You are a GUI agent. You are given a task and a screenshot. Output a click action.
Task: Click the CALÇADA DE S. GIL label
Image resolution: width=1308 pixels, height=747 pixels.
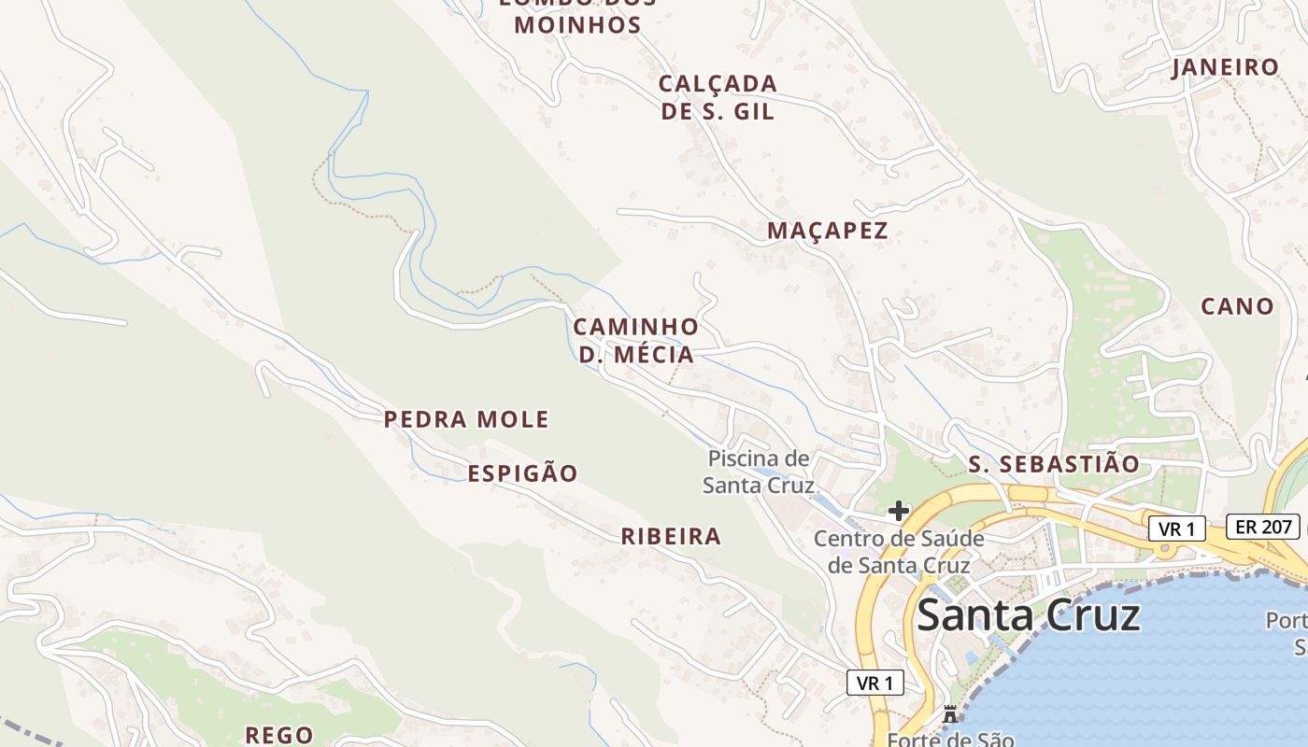[718, 97]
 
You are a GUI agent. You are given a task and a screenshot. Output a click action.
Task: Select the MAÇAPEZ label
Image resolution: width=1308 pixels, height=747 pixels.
[827, 231]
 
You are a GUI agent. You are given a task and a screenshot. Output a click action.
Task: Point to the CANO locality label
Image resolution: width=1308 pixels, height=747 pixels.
[1237, 306]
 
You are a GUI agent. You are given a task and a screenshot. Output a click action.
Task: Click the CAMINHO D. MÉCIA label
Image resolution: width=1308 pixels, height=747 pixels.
[635, 341]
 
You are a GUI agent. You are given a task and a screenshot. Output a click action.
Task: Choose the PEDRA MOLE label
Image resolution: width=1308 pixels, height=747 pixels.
[466, 419]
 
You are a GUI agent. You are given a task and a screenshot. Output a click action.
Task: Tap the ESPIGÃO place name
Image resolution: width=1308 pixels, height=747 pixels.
[522, 473]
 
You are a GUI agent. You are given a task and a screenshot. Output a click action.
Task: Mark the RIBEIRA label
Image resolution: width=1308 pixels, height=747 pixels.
[671, 536]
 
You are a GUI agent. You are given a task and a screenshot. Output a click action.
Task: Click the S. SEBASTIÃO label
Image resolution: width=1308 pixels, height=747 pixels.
[1054, 464]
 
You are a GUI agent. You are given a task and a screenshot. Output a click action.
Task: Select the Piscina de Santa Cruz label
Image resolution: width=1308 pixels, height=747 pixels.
[758, 472]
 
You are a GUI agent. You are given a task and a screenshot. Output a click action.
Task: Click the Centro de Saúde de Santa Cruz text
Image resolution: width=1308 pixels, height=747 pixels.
[899, 552]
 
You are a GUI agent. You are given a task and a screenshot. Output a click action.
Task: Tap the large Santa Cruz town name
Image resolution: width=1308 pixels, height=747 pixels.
[1029, 616]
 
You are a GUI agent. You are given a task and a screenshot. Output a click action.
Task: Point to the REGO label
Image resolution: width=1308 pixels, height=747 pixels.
[278, 735]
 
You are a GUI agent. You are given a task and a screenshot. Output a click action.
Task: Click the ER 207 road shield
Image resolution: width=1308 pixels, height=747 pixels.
[1263, 527]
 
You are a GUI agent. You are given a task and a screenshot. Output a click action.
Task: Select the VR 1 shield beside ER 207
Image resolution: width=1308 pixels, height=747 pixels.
[1176, 529]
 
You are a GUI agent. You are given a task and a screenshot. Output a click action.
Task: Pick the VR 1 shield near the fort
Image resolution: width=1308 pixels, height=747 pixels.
[875, 683]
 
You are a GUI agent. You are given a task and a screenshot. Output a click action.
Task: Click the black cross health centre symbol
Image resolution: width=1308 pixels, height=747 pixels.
[898, 511]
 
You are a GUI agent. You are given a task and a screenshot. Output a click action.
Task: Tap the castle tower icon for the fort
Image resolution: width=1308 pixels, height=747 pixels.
[950, 714]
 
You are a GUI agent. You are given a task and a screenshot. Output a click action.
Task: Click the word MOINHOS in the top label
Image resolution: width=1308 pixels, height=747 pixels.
[577, 25]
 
